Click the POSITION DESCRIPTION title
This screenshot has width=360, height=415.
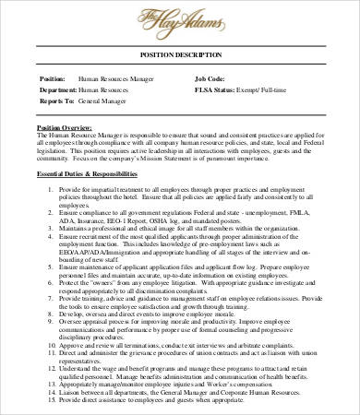(180, 79)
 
